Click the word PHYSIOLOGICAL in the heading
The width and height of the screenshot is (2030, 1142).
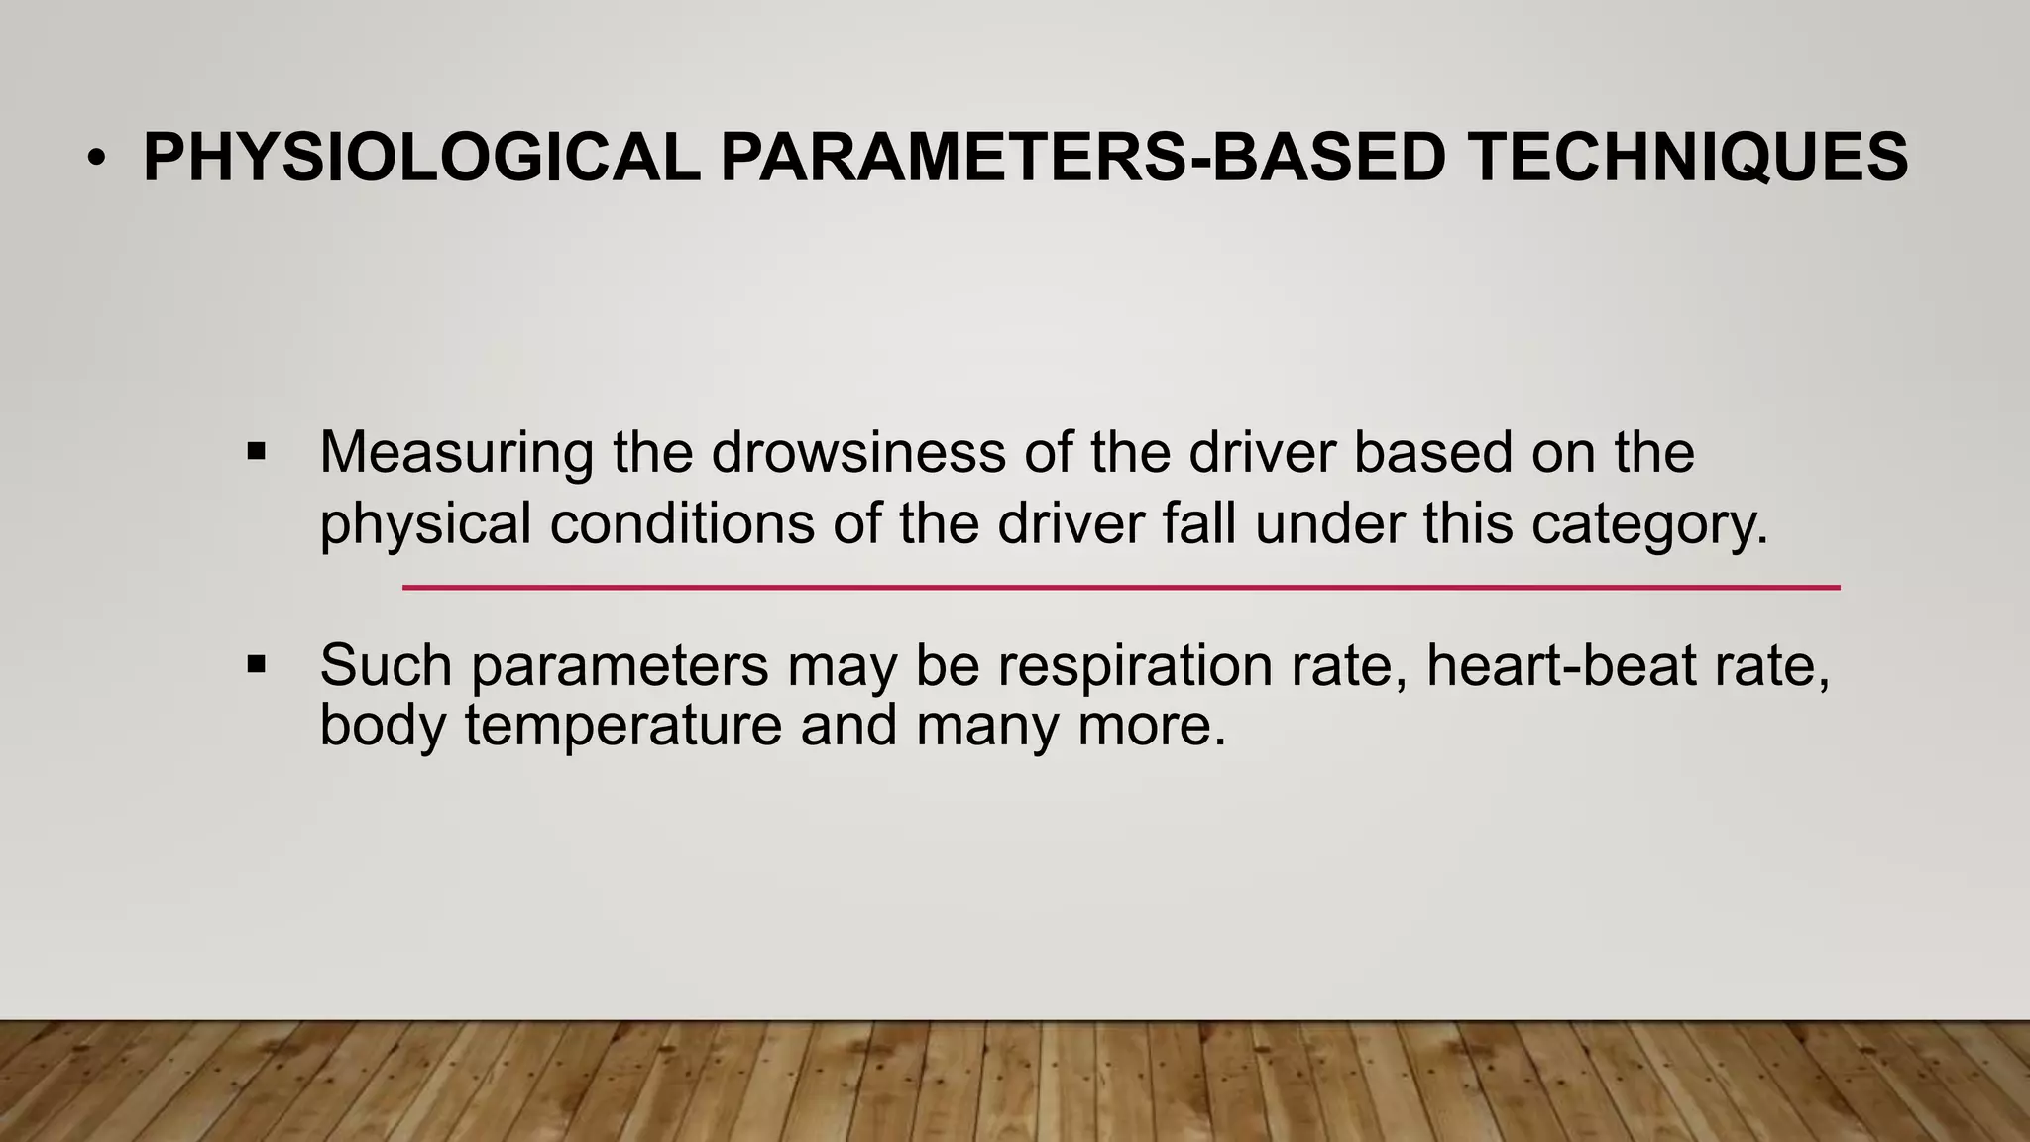coord(421,158)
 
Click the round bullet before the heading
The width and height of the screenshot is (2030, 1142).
coord(95,159)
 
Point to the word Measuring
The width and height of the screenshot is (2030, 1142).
coord(456,453)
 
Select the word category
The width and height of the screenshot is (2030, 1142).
coord(1649,524)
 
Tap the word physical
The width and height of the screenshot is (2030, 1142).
coord(425,524)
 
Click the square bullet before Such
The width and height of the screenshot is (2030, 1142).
coord(257,664)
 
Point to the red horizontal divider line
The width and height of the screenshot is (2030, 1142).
coord(1120,588)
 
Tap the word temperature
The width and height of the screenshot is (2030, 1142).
coord(623,727)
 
